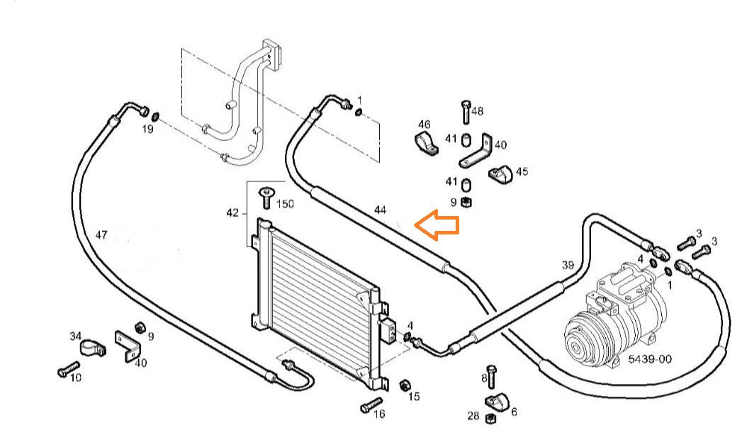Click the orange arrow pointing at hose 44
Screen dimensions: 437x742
pyautogui.click(x=437, y=225)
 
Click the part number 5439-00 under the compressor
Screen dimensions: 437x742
pyautogui.click(x=649, y=359)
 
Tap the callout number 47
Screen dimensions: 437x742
pyautogui.click(x=101, y=234)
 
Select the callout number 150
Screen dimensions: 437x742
pyautogui.click(x=285, y=204)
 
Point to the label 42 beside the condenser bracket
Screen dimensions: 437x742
pyautogui.click(x=232, y=212)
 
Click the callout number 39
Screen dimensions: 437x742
pyautogui.click(x=568, y=265)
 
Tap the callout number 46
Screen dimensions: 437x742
pyautogui.click(x=425, y=125)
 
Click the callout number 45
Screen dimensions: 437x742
pyautogui.click(x=522, y=171)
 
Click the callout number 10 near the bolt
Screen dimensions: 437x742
pyautogui.click(x=75, y=378)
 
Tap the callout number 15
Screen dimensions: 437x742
pyautogui.click(x=415, y=396)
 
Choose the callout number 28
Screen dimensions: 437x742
pyautogui.click(x=473, y=414)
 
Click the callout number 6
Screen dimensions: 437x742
pyautogui.click(x=514, y=412)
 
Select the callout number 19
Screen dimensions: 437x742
pyautogui.click(x=147, y=130)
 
